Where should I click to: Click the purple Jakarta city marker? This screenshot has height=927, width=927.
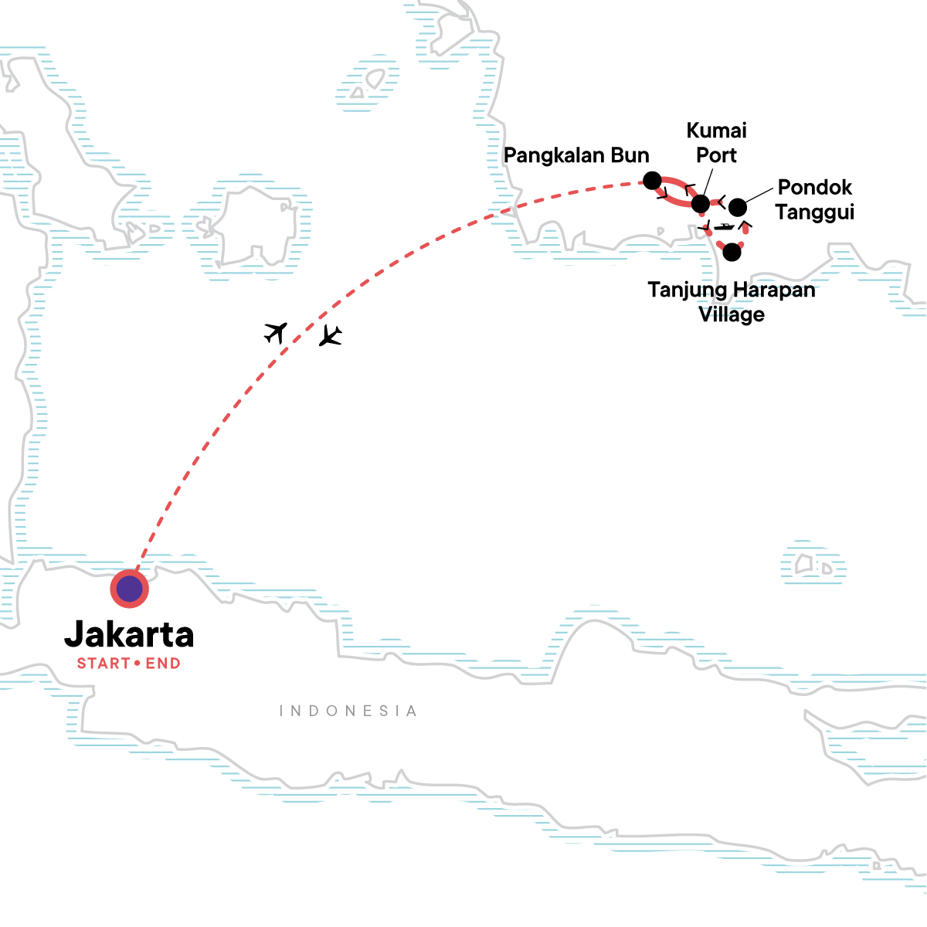(130, 589)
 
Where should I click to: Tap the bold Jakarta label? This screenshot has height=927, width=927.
(129, 634)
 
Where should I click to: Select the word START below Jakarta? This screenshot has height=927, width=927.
(104, 664)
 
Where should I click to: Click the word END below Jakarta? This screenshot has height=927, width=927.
(163, 664)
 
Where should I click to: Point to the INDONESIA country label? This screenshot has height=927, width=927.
(348, 711)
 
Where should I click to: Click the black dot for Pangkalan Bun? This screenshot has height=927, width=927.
(653, 181)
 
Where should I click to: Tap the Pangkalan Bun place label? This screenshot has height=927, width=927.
(576, 155)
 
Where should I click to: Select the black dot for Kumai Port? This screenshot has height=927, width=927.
(700, 204)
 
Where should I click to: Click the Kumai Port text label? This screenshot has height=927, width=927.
(716, 143)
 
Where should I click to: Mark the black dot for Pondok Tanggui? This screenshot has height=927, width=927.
(738, 207)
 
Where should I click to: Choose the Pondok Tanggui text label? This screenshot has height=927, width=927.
(814, 199)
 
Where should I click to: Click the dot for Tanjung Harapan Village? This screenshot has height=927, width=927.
(732, 252)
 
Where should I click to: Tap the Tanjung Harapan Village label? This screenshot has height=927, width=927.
(732, 302)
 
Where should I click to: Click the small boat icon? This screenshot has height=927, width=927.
(725, 227)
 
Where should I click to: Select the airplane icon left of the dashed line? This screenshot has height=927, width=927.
(276, 332)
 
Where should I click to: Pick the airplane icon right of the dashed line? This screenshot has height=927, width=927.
(331, 336)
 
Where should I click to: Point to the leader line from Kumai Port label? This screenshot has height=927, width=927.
(706, 184)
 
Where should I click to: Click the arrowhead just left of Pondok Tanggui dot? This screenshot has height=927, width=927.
(720, 203)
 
